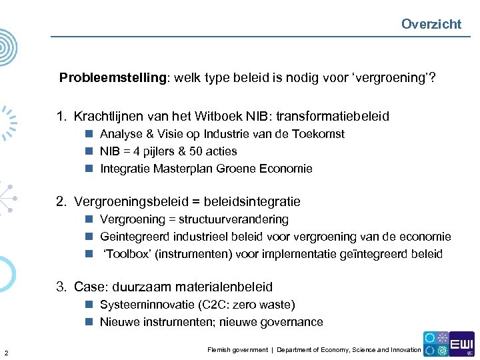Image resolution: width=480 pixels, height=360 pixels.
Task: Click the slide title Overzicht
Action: coord(431,24)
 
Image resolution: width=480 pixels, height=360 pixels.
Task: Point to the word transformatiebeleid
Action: coord(335,117)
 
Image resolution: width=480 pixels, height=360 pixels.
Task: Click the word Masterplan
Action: coord(183,169)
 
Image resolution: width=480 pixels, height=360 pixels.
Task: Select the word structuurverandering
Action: coord(233,219)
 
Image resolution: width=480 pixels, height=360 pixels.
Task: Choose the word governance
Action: coord(293,322)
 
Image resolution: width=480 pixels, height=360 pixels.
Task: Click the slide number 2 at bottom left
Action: coord(6,353)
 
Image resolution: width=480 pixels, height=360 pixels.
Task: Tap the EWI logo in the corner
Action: coord(461,344)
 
